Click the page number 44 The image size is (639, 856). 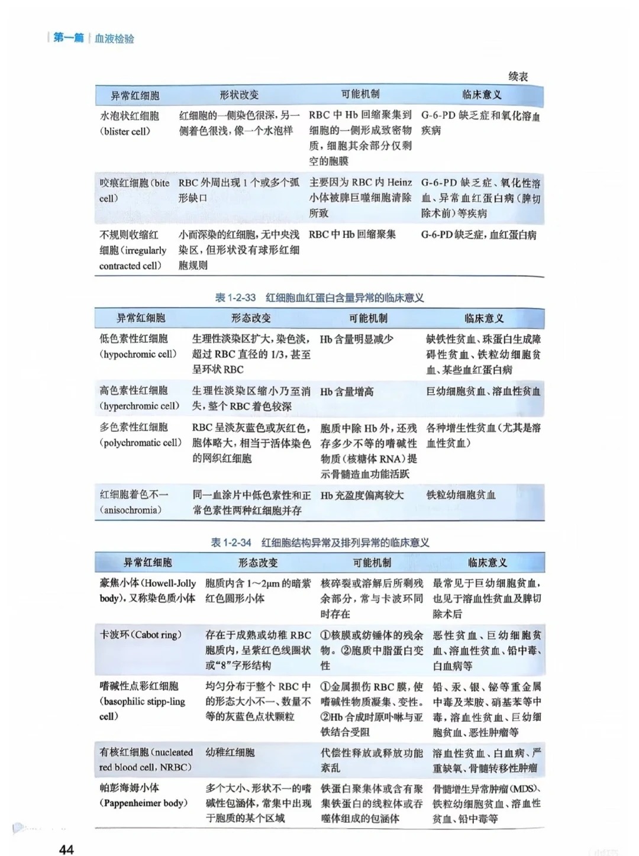point(66,849)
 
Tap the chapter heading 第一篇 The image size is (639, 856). point(69,38)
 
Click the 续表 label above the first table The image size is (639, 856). point(518,76)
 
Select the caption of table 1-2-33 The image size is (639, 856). point(319,298)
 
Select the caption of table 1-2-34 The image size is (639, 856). point(319,542)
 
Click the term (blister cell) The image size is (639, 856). point(125,131)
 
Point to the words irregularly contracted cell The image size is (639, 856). point(133,258)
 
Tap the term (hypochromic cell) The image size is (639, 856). point(138,354)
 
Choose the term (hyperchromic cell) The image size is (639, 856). point(139,406)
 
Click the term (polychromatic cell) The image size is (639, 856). point(140,442)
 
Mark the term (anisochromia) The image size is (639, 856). point(131,510)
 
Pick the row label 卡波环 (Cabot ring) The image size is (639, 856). point(140,635)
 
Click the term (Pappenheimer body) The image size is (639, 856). point(144,803)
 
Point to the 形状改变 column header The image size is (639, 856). point(239,95)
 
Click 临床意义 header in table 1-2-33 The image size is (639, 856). point(484,318)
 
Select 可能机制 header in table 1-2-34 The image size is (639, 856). point(372,563)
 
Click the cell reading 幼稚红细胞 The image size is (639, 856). point(230,752)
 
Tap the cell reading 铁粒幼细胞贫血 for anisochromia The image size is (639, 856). point(461,495)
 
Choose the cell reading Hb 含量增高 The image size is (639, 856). point(347,392)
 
